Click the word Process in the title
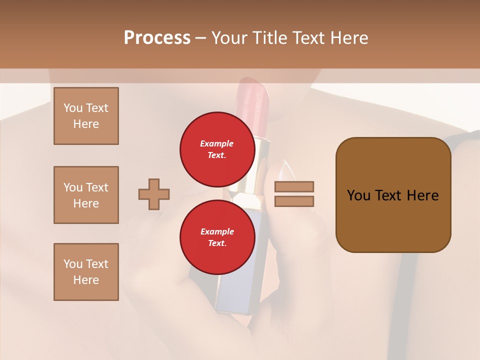click(x=157, y=38)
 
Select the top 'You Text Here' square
click(x=86, y=116)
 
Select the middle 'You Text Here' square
click(x=86, y=195)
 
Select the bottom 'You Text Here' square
click(x=86, y=272)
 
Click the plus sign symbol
click(x=154, y=194)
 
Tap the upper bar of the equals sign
click(x=294, y=186)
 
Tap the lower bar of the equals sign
click(x=294, y=201)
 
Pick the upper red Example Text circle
click(x=217, y=149)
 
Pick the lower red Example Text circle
click(x=217, y=237)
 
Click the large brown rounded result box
click(x=393, y=220)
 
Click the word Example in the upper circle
click(x=217, y=143)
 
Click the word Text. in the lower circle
click(x=217, y=243)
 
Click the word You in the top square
click(x=73, y=108)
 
